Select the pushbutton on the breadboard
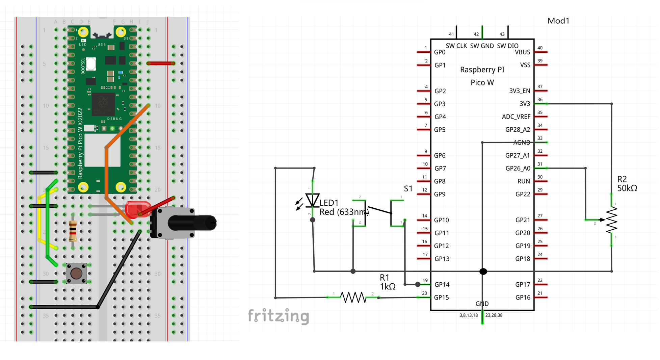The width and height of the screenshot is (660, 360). tap(76, 273)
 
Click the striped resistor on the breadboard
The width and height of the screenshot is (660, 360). tap(73, 231)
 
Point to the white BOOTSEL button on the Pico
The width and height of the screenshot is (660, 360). tap(91, 64)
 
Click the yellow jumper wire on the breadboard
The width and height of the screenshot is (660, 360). tap(40, 220)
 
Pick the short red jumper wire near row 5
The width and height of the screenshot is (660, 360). tap(161, 63)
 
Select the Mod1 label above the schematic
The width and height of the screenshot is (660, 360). tap(558, 21)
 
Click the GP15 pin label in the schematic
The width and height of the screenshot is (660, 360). tap(441, 298)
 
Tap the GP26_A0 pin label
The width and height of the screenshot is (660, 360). tap(518, 168)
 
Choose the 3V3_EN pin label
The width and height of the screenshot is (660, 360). tap(519, 91)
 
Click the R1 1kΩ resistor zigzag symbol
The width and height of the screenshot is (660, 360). tap(353, 297)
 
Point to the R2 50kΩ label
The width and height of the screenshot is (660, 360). tap(627, 184)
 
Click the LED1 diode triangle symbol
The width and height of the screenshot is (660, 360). tap(312, 200)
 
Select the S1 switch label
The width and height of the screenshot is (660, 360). tap(408, 188)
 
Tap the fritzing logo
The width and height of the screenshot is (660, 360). tap(279, 316)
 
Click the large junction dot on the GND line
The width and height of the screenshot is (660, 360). tap(483, 271)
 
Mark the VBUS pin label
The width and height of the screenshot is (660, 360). tap(522, 52)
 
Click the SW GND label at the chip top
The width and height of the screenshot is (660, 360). tap(482, 46)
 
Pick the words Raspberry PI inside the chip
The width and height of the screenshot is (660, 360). tap(482, 70)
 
